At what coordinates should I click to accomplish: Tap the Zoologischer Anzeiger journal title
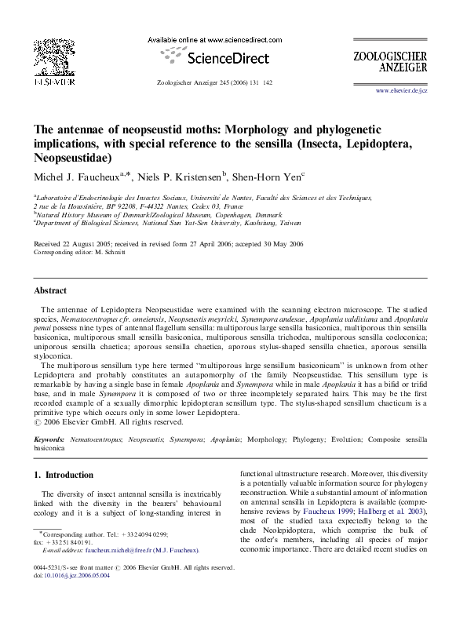[401, 62]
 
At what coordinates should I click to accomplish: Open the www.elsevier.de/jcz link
[402, 92]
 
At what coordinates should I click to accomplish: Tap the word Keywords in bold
[49, 442]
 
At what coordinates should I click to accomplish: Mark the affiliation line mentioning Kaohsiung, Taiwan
[158, 222]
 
